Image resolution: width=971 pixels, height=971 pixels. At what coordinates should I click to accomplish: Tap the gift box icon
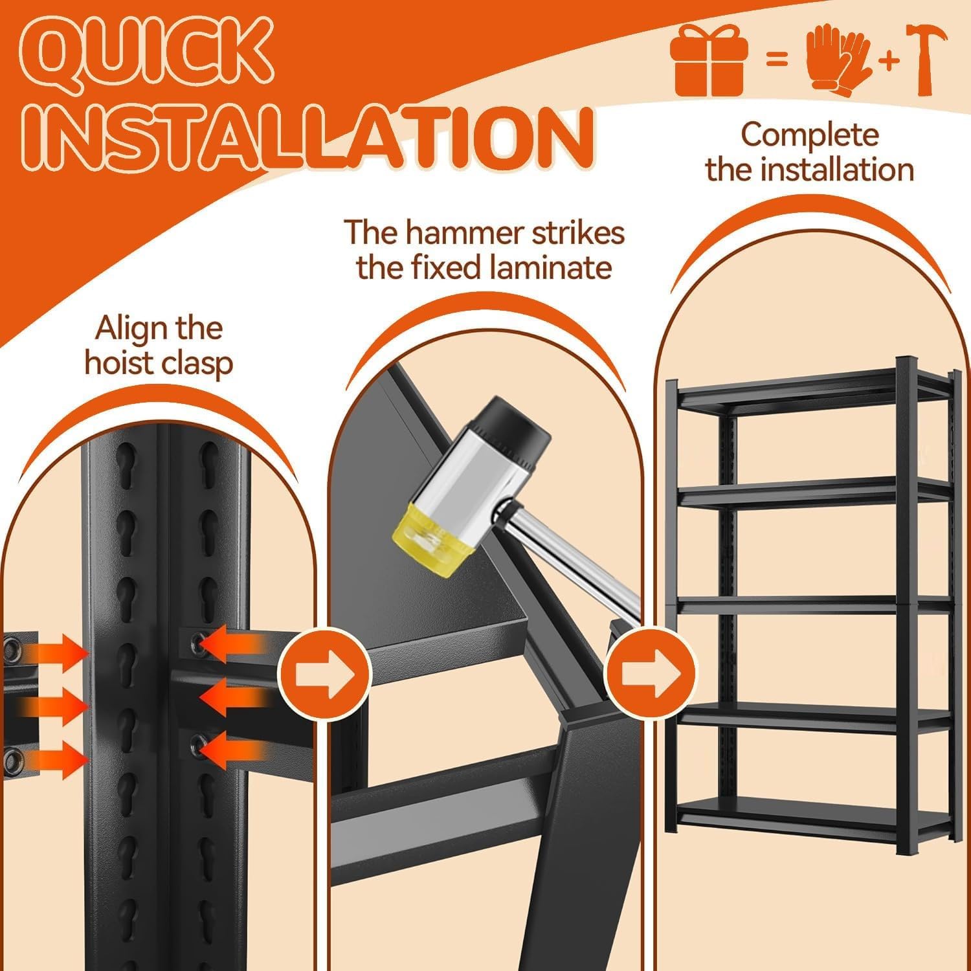pyautogui.click(x=709, y=62)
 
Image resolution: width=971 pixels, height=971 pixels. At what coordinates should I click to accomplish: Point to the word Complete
pyautogui.click(x=810, y=135)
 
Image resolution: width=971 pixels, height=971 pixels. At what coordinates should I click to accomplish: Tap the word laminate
pyautogui.click(x=550, y=267)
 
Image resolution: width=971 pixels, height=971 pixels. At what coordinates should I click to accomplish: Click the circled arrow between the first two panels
pyautogui.click(x=325, y=673)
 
